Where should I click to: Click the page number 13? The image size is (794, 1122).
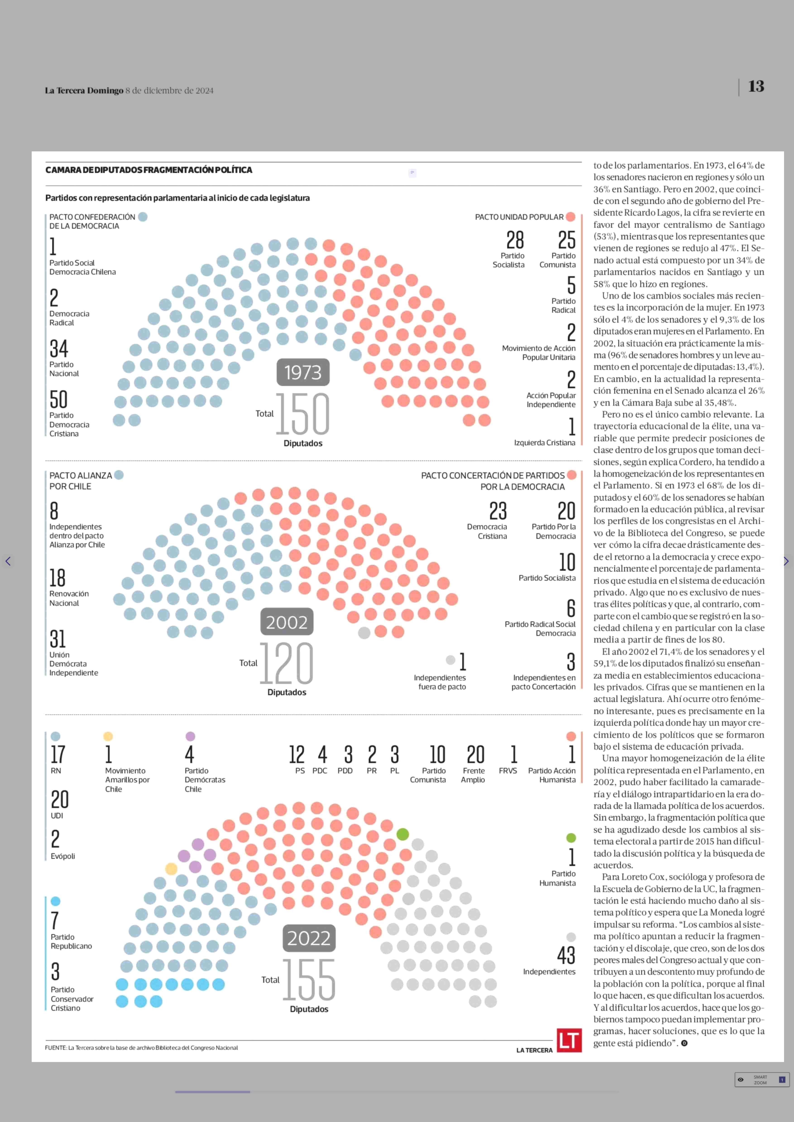tap(756, 86)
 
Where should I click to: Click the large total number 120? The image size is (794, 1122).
tap(287, 664)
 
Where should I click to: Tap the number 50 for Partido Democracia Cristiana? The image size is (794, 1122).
tap(59, 399)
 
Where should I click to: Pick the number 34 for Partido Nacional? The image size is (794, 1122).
tap(59, 349)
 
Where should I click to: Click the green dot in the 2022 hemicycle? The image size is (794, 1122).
tap(402, 834)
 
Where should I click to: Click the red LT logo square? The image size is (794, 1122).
tap(569, 1040)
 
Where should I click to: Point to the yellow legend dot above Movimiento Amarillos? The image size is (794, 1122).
tap(108, 736)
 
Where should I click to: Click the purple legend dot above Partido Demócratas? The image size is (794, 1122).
tap(190, 736)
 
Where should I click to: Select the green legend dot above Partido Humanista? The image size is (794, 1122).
tap(571, 838)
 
